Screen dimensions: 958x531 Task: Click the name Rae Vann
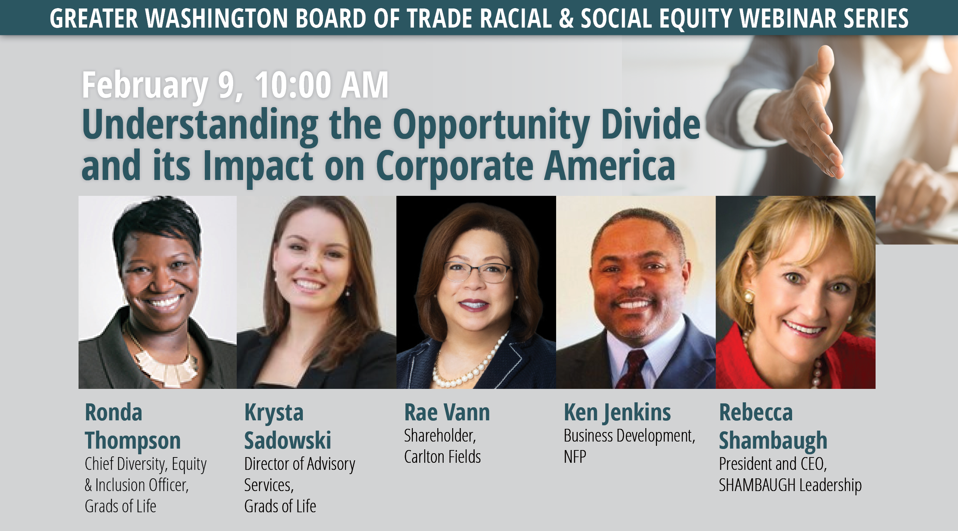pos(447,413)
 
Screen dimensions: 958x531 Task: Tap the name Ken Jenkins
pos(617,413)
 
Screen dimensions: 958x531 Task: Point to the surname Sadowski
pos(288,440)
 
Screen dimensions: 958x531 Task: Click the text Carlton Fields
pos(443,457)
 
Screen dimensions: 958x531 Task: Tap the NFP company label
pos(575,457)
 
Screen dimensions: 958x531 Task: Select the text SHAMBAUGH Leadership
pos(790,485)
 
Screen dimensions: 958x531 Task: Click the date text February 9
pos(162,86)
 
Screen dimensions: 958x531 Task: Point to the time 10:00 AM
pos(322,85)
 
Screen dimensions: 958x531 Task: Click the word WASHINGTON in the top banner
pos(217,18)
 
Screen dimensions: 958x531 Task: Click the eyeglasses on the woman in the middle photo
pos(478,272)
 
